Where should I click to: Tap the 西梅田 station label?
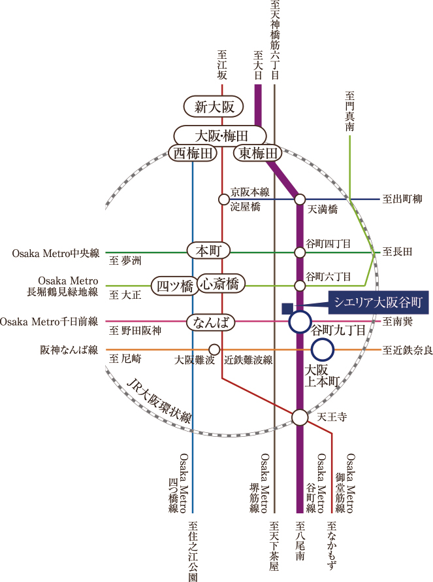(193, 154)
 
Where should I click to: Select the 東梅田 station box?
(258, 154)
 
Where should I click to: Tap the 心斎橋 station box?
(220, 283)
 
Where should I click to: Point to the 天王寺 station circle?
(300, 417)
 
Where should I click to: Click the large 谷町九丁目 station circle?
(300, 321)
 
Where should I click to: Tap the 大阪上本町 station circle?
(323, 351)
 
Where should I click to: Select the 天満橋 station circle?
(300, 198)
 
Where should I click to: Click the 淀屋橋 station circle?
(222, 198)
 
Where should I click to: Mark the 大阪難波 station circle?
(214, 350)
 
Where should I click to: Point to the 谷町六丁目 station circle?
(300, 286)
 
